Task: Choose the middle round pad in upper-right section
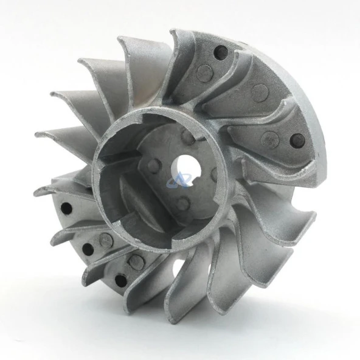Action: pyautogui.click(x=260, y=92)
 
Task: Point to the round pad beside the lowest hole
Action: pyautogui.click(x=137, y=261)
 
